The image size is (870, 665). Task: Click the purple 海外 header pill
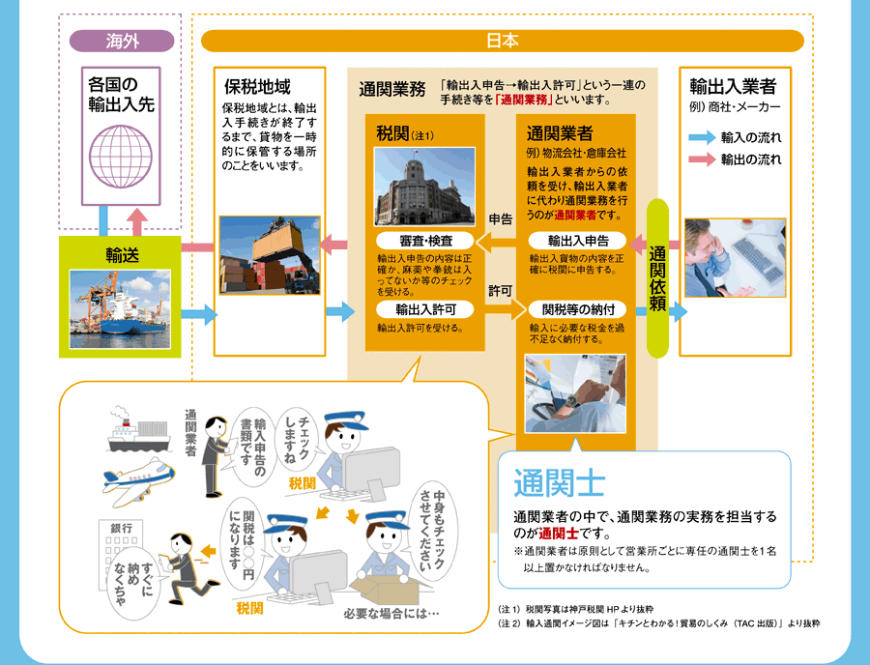[122, 41]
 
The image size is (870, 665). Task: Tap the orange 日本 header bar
[502, 41]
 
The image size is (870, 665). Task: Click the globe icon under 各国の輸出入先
[121, 157]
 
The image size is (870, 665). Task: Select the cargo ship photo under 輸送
[120, 309]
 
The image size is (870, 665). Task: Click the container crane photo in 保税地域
[270, 255]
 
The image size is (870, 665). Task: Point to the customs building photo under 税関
[424, 187]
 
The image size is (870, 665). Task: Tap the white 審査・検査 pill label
[425, 241]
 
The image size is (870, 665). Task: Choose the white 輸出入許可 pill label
[425, 309]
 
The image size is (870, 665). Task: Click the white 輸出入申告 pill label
[577, 241]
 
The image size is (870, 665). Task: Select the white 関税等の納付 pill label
[577, 309]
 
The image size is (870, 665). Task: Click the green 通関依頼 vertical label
[657, 278]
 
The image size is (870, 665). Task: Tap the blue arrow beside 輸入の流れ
[702, 137]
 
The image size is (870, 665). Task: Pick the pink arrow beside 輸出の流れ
[702, 159]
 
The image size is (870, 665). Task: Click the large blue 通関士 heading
[559, 483]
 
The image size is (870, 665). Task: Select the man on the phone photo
[736, 258]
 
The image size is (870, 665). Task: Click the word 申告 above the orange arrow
[501, 219]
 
